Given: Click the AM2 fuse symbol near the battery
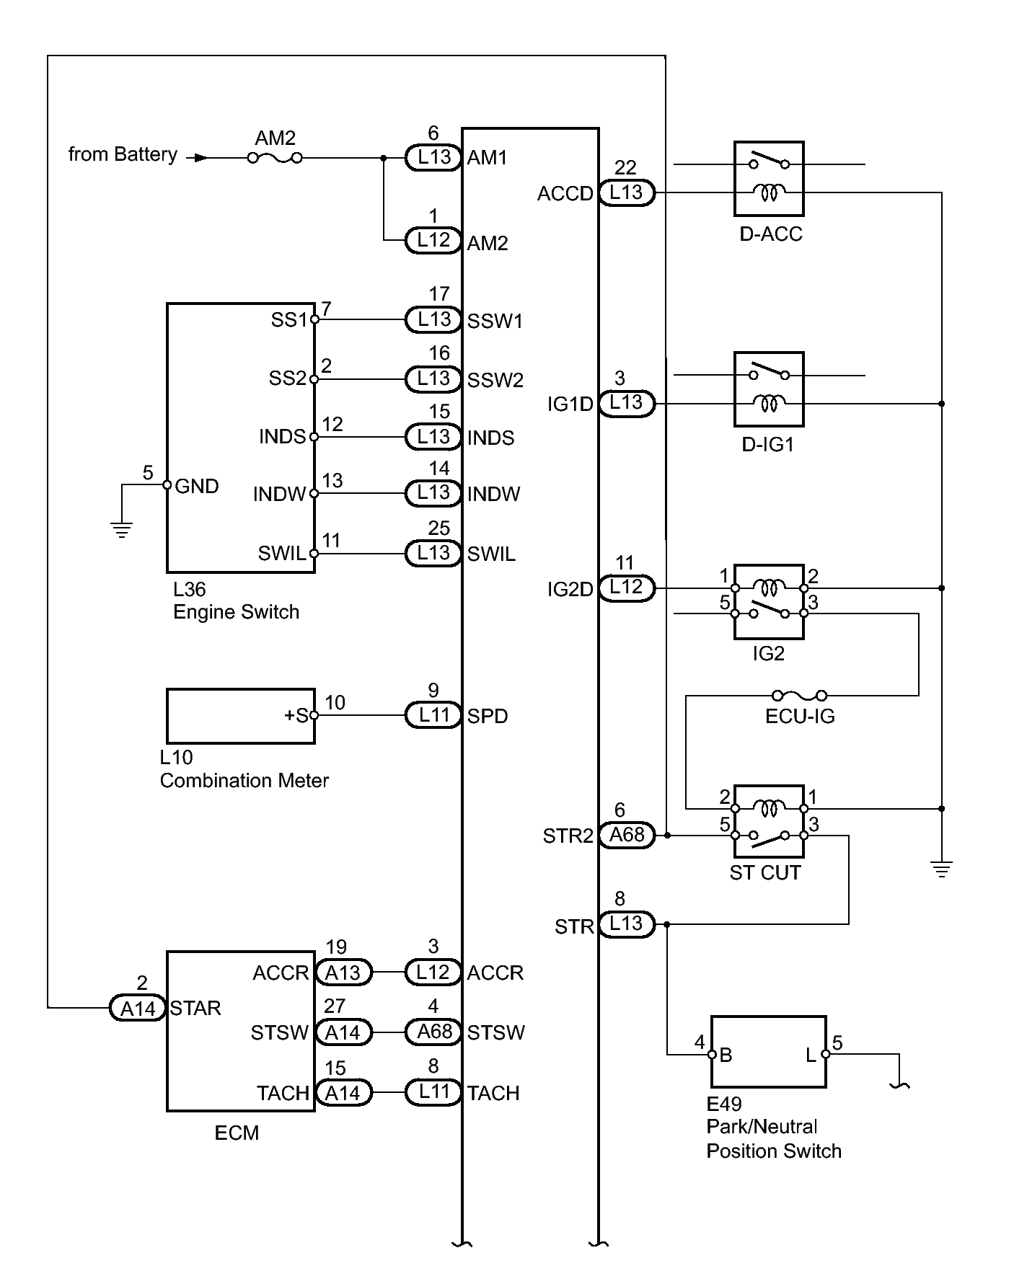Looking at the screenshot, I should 275,158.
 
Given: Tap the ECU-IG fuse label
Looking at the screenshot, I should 800,716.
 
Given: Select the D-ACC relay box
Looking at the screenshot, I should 769,179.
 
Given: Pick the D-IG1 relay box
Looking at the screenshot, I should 769,389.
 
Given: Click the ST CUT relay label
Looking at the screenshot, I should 764,873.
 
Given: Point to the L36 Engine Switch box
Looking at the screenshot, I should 240,438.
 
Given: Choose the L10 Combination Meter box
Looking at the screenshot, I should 240,716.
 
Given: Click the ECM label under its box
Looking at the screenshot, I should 237,1133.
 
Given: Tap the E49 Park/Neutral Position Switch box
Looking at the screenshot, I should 768,1052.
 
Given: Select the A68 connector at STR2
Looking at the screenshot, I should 627,835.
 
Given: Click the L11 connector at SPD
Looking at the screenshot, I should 433,715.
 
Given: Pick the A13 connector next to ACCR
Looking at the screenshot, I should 343,973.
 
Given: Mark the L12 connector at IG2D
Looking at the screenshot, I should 626,588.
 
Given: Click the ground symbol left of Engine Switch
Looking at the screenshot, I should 122,531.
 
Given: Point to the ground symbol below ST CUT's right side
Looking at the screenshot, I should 941,869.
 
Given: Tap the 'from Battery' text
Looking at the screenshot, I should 123,155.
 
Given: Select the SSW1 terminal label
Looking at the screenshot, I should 495,321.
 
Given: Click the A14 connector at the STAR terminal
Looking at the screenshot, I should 138,1008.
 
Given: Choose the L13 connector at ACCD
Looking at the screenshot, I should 626,192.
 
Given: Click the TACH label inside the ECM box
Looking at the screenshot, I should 283,1093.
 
